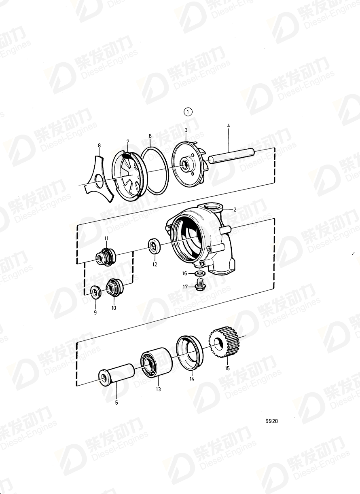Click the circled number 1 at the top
pyautogui.click(x=188, y=112)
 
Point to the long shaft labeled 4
pyautogui.click(x=230, y=156)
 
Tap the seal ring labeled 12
pyautogui.click(x=155, y=246)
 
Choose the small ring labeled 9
pyautogui.click(x=96, y=291)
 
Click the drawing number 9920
pyautogui.click(x=271, y=421)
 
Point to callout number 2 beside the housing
pyautogui.click(x=234, y=210)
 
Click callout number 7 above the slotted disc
pyautogui.click(x=127, y=142)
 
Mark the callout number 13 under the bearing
pyautogui.click(x=158, y=389)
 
